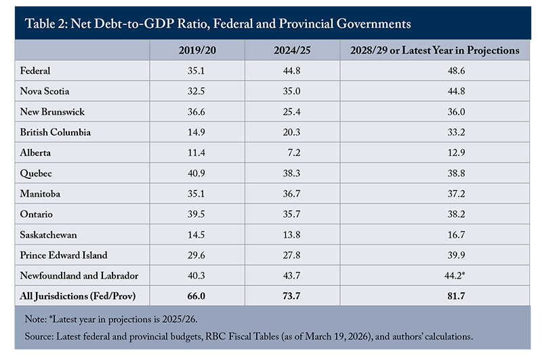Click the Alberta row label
click(37, 153)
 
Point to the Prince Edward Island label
click(65, 255)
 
